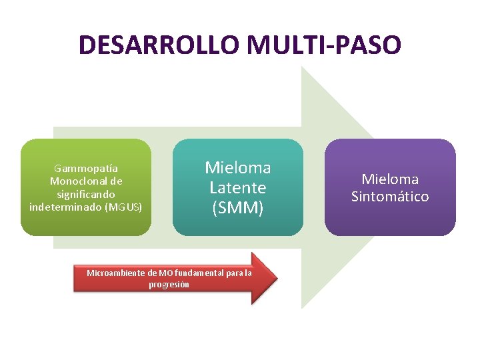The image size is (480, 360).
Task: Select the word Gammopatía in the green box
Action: point(86,168)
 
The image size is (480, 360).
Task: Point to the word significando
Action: point(86,194)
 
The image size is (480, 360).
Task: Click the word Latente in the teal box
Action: point(238,187)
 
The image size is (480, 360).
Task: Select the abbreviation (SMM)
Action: point(238,208)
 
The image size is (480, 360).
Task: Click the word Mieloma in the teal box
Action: point(238,167)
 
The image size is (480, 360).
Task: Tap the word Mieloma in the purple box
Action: point(390,179)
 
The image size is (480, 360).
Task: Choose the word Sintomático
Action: point(390,197)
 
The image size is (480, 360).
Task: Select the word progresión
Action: point(169,284)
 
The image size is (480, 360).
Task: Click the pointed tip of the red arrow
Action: point(275,278)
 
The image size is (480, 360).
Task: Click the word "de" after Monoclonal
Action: point(116,181)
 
